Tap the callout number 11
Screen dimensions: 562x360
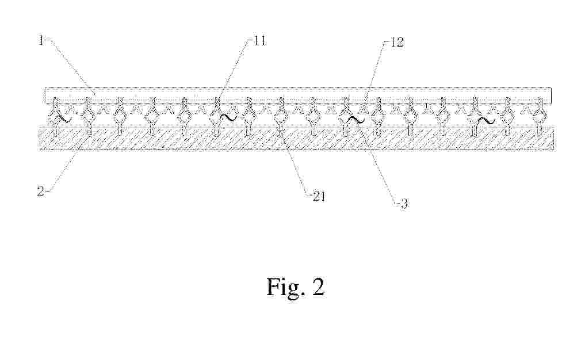coord(260,41)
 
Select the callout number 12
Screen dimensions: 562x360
coord(397,43)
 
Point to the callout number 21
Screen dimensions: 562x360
coord(319,196)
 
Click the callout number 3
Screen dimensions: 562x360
coord(404,204)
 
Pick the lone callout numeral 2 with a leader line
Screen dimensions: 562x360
coord(41,191)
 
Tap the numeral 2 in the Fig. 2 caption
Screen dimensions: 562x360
coord(318,286)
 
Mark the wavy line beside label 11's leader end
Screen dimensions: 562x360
coord(228,117)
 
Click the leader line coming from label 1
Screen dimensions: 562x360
coord(71,67)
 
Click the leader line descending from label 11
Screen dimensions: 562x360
coord(233,74)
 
